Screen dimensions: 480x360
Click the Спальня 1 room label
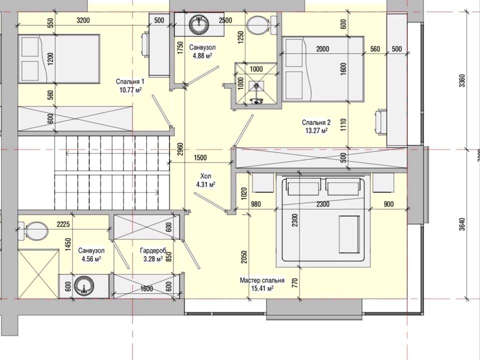pyautogui.click(x=130, y=81)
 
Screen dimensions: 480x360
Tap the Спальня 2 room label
pyautogui.click(x=316, y=123)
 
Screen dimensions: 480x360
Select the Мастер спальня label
pyautogui.click(x=262, y=280)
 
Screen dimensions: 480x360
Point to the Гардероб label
pyautogui.click(x=153, y=250)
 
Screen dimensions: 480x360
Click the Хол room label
pyautogui.click(x=205, y=176)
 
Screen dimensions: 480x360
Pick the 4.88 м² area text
pyautogui.click(x=202, y=55)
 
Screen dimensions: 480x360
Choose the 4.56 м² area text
pyautogui.click(x=91, y=258)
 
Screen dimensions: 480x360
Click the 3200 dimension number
pyautogui.click(x=83, y=20)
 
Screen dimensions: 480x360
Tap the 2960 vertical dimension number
pyautogui.click(x=180, y=149)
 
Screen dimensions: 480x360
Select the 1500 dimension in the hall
pyautogui.click(x=200, y=157)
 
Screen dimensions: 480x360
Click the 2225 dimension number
pyautogui.click(x=63, y=224)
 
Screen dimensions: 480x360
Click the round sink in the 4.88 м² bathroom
pyautogui.click(x=199, y=24)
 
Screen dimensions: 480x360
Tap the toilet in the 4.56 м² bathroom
pyautogui.click(x=33, y=231)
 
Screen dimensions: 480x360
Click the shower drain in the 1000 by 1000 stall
pyautogui.click(x=255, y=85)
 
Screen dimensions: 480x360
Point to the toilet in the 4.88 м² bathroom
pyautogui.click(x=262, y=24)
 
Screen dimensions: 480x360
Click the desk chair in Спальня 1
pyautogui.click(x=145, y=45)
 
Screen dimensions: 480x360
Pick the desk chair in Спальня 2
pyautogui.click(x=381, y=121)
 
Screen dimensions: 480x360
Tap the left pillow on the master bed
pyautogui.click(x=304, y=186)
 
